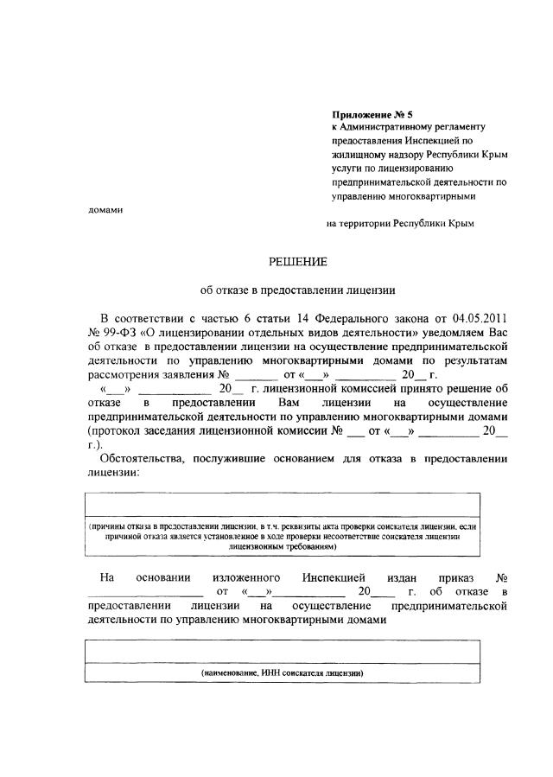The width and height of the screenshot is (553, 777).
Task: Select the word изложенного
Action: [x=244, y=576]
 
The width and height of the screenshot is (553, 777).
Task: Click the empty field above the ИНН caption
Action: [x=282, y=650]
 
